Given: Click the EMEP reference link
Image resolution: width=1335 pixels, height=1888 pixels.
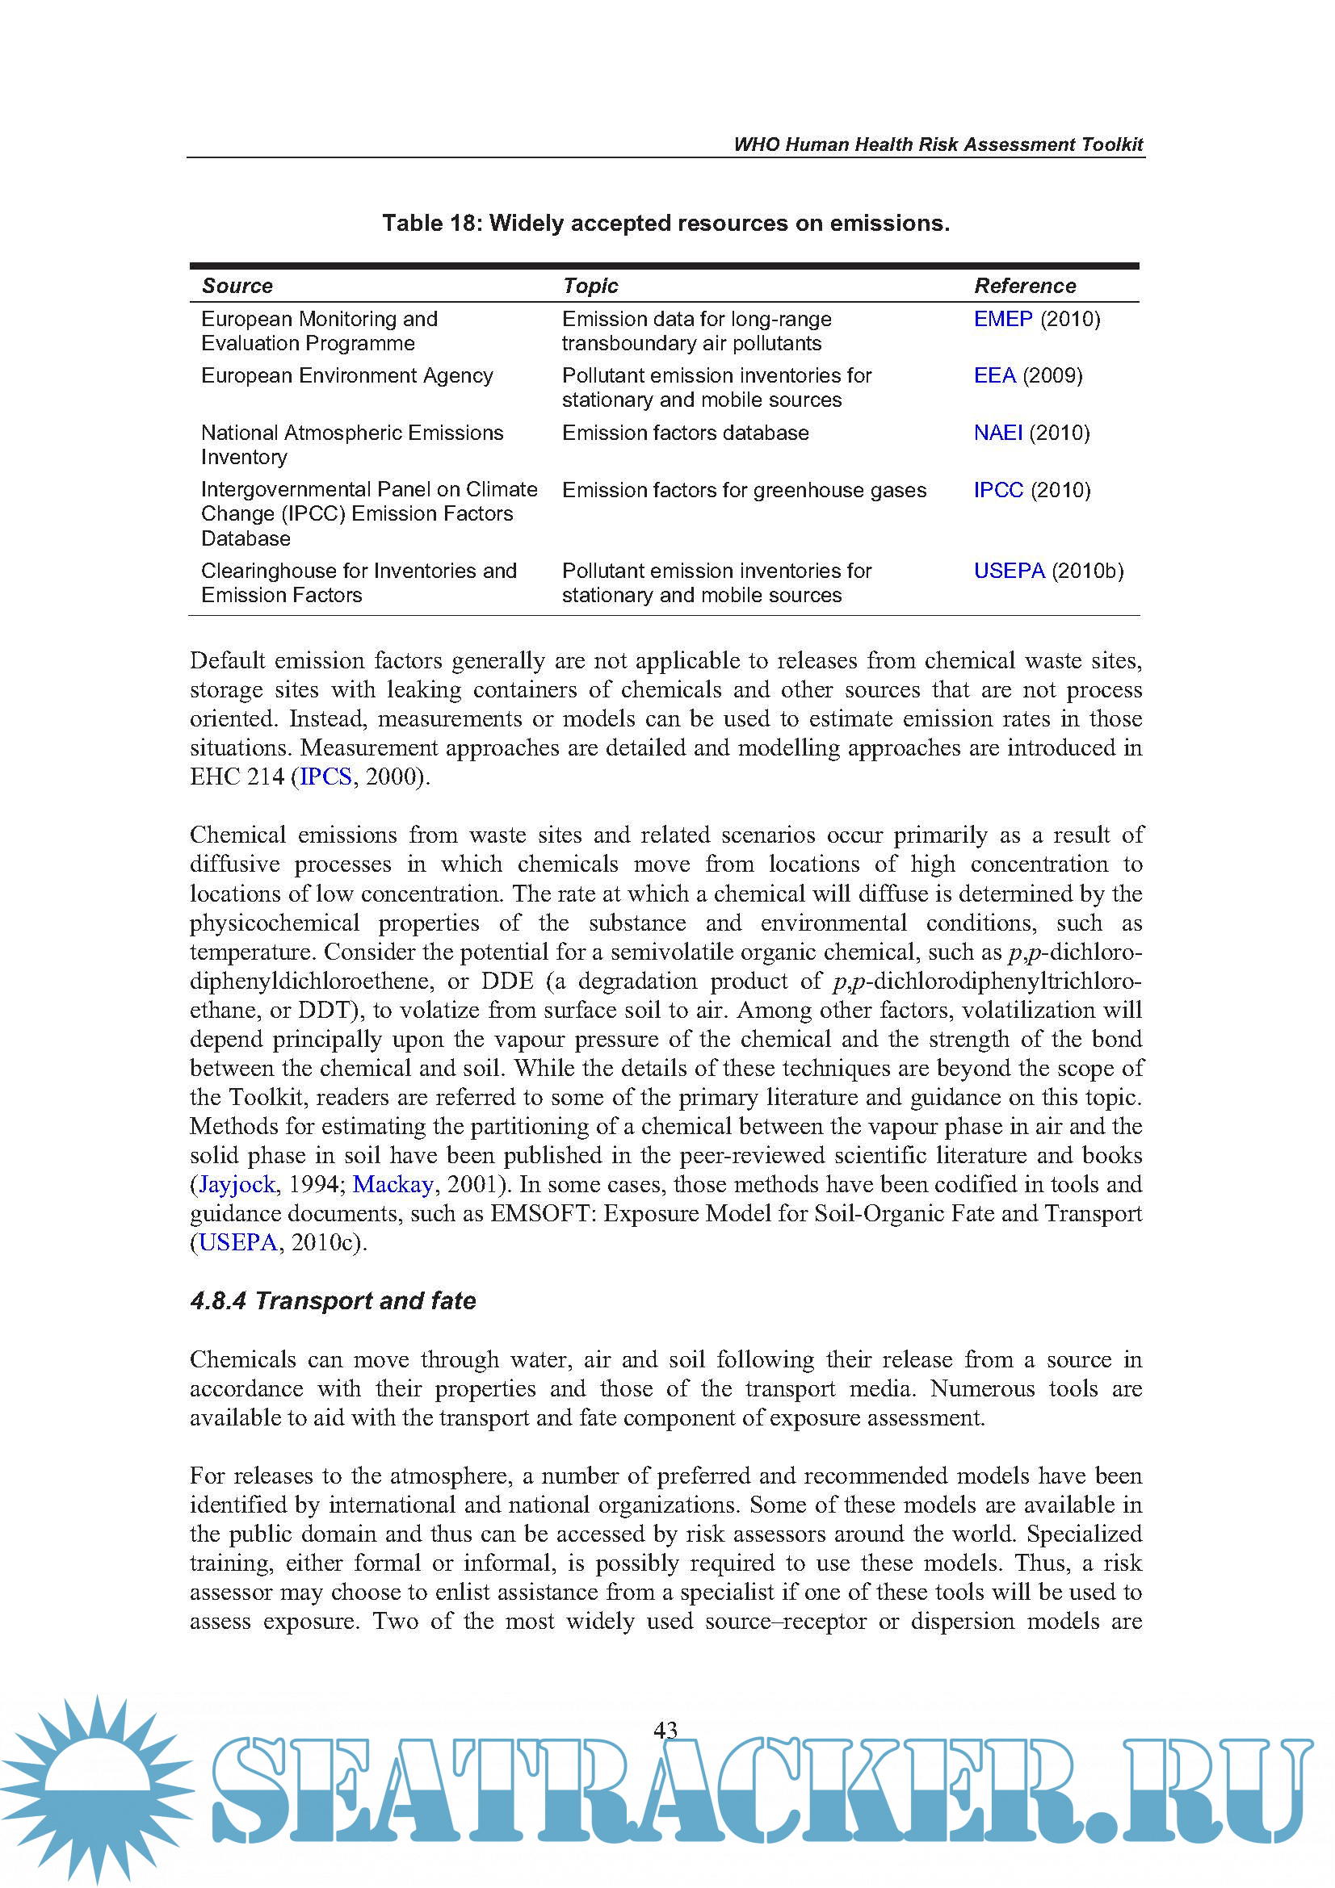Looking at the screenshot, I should [x=1002, y=319].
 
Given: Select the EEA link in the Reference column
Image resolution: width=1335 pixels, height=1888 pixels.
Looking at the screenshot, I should [x=993, y=376].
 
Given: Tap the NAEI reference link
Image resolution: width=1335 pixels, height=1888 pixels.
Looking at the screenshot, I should [x=997, y=433].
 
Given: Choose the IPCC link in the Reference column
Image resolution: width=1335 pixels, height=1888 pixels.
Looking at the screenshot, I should [x=997, y=490].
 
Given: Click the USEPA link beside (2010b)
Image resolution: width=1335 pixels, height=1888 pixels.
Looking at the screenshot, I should [x=1009, y=571].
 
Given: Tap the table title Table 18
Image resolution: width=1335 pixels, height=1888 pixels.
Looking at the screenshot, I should [x=665, y=223].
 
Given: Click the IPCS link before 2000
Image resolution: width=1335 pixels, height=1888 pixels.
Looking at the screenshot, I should [x=325, y=777].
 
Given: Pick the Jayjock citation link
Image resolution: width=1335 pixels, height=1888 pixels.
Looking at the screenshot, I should [x=237, y=1184].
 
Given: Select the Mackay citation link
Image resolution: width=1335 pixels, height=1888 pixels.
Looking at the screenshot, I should [x=393, y=1184].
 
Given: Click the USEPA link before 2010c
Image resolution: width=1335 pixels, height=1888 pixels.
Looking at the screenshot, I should [x=237, y=1241].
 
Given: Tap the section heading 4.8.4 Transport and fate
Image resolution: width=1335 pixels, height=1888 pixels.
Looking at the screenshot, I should [x=333, y=1300].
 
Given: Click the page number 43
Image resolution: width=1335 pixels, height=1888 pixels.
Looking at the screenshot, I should [x=665, y=1729].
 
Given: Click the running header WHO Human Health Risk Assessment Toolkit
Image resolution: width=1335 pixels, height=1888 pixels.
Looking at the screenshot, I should [x=938, y=144].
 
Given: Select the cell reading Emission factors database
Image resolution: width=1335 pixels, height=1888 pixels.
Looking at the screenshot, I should [x=685, y=433].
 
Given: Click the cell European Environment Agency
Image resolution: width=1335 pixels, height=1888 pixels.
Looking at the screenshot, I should [x=346, y=376].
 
